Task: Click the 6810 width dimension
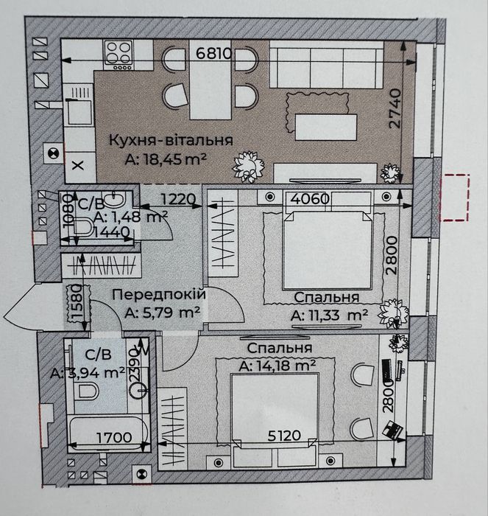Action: coord(214,53)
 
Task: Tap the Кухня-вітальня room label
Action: coord(171,140)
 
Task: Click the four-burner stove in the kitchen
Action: coord(119,55)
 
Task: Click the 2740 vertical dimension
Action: coord(395,108)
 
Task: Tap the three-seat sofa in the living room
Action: coord(327,65)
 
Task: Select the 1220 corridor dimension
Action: coord(178,199)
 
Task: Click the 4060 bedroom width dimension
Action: coord(310,199)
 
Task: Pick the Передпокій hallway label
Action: coord(159,294)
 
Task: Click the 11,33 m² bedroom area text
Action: coord(329,315)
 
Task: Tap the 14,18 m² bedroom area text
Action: coord(277,366)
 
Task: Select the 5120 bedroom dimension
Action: coord(284,436)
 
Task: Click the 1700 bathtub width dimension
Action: coord(114,437)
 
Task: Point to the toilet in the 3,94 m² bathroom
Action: coord(86,391)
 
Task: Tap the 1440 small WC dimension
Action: coord(110,233)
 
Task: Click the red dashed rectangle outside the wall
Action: coord(454,198)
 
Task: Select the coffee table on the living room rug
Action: coord(325,126)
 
